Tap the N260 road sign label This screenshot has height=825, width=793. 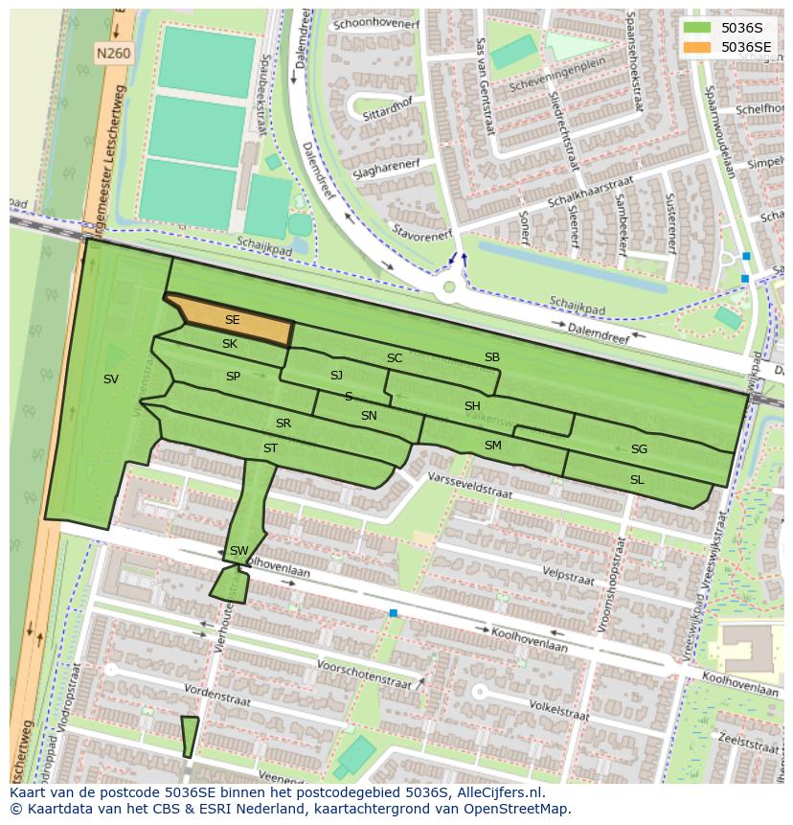click(x=113, y=55)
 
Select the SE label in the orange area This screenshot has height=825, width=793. click(x=232, y=320)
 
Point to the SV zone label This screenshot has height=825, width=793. click(x=111, y=379)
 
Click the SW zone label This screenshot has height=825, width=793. click(x=238, y=551)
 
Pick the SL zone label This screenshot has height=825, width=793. click(x=637, y=479)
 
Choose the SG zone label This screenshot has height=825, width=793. click(x=639, y=449)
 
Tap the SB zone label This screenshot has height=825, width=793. click(x=491, y=357)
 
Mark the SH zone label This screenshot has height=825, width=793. click(x=472, y=406)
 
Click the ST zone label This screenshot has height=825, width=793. click(x=270, y=448)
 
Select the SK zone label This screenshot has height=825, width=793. click(x=230, y=344)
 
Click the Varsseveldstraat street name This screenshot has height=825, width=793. click(x=470, y=487)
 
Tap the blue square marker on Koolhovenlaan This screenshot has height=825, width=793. click(x=393, y=612)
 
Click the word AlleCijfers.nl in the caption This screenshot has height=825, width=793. click(x=498, y=792)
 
